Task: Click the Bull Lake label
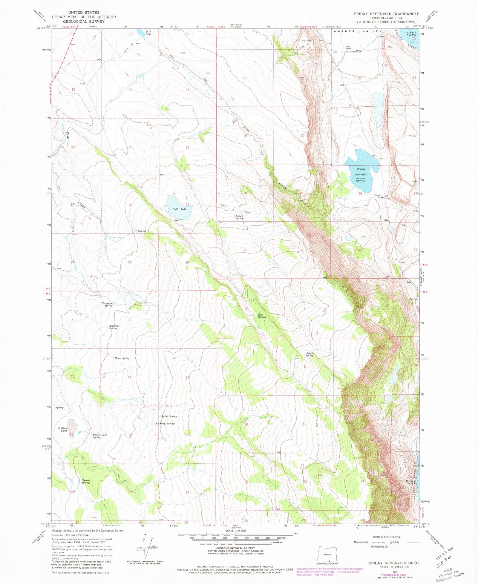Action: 179,209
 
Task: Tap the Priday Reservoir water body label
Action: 361,171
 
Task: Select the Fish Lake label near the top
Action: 148,33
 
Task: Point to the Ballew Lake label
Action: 63,429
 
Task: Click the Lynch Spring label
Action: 239,217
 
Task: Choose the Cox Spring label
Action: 262,316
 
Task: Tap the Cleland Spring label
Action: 310,354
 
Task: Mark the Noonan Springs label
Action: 86,481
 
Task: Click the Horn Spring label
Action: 122,358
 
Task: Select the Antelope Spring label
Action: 114,327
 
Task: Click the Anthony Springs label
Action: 165,423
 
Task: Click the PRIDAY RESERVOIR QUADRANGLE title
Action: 386,14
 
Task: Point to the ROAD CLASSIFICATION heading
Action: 386,537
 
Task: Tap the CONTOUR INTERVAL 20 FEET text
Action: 236,548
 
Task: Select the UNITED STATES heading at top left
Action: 84,13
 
